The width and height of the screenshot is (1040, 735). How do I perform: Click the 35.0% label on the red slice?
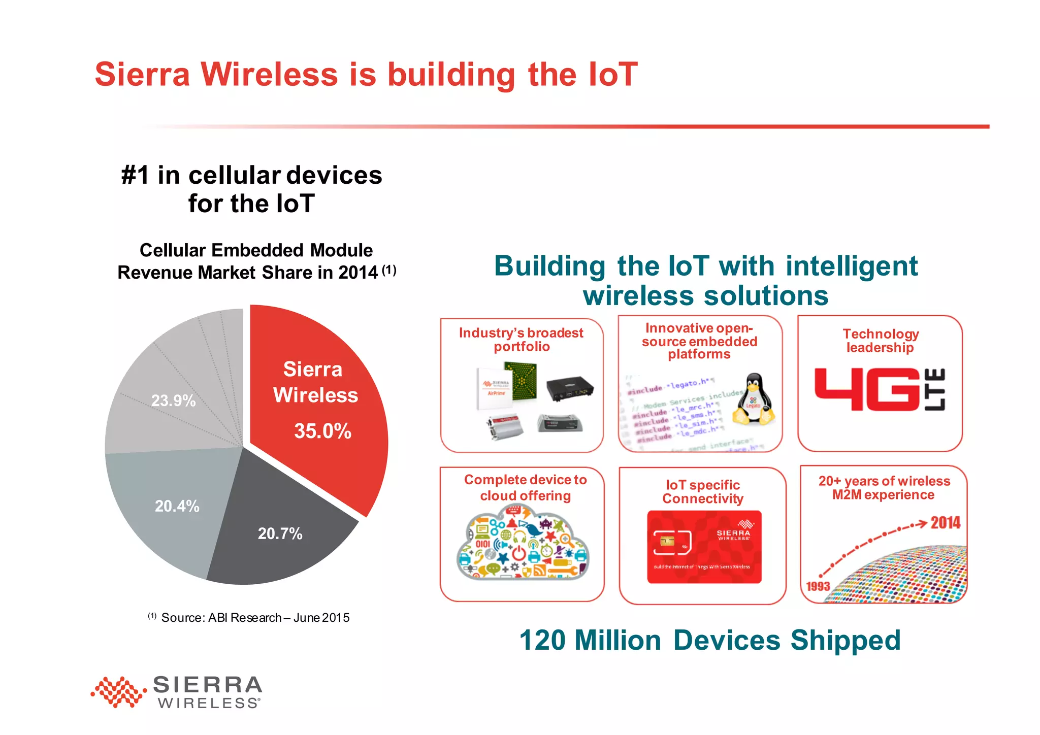322,431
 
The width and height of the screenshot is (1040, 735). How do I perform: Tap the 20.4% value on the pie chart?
177,506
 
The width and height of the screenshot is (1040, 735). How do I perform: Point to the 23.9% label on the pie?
173,400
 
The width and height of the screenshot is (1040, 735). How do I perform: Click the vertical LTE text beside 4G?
936,389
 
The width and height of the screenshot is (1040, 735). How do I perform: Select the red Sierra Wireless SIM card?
704,547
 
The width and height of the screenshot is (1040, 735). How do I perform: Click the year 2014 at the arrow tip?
945,523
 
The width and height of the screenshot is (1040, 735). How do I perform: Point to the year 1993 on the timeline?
818,586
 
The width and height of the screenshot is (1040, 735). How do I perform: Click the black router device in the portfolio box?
570,388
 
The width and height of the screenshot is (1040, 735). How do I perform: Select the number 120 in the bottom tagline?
542,640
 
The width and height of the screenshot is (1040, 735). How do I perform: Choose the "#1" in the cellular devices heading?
135,175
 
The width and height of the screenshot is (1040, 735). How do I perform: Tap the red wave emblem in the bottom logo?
118,691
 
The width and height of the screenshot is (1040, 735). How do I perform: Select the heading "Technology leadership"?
881,341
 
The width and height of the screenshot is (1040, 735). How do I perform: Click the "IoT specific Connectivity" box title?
703,491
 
